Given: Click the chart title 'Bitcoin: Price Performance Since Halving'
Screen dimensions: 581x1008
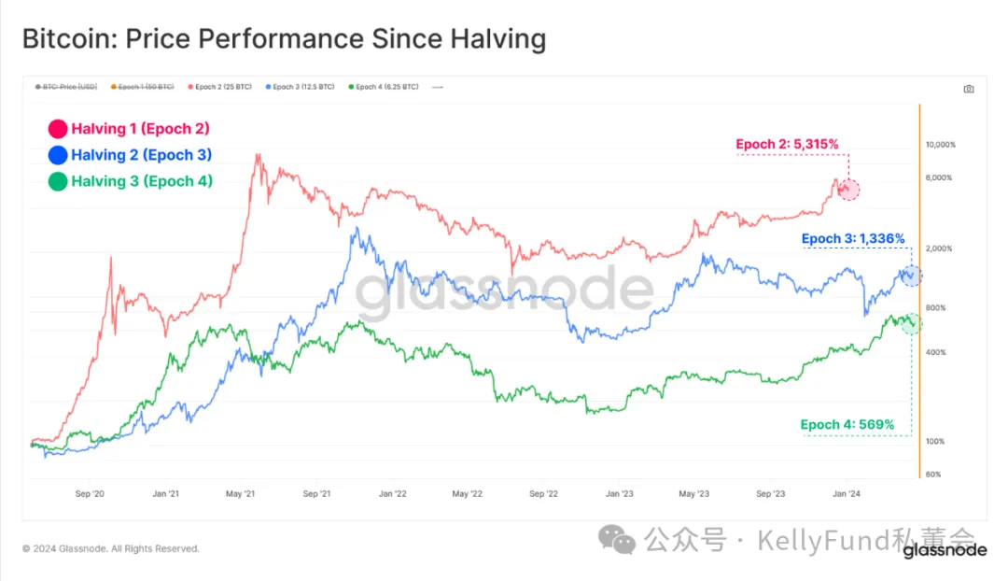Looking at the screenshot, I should pyautogui.click(x=284, y=39).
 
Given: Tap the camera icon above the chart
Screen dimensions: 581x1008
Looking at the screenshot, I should pyautogui.click(x=968, y=89).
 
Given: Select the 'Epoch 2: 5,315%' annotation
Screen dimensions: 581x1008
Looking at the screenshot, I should pyautogui.click(x=787, y=144).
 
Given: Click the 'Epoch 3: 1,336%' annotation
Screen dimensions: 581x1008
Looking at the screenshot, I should pyautogui.click(x=853, y=238).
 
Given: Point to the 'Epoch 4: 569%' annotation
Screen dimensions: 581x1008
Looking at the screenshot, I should pyautogui.click(x=847, y=425).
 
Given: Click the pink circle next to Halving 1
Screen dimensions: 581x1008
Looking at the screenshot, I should pyautogui.click(x=58, y=129).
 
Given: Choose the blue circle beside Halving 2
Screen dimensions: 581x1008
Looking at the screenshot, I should pyautogui.click(x=58, y=155).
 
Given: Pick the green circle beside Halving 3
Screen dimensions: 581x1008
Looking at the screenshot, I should pyautogui.click(x=58, y=181).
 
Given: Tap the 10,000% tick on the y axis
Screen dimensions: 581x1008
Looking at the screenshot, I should pyautogui.click(x=940, y=145).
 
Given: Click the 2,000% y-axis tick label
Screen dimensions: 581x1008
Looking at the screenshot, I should pyautogui.click(x=940, y=248).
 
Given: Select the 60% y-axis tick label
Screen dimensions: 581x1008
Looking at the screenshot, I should pyautogui.click(x=932, y=475).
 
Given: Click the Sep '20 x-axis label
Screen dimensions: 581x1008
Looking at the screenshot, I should pyautogui.click(x=90, y=493).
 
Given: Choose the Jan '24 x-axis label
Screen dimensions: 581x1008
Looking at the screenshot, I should pyautogui.click(x=846, y=493).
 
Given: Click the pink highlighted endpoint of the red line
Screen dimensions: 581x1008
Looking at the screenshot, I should pyautogui.click(x=847, y=190).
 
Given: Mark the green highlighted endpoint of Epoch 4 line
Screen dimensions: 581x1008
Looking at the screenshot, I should pyautogui.click(x=911, y=323).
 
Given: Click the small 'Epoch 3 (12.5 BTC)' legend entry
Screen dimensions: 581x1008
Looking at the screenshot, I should pyautogui.click(x=300, y=87).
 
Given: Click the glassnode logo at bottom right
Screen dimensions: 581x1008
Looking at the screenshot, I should pyautogui.click(x=945, y=550).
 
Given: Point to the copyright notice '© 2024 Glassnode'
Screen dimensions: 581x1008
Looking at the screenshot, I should pyautogui.click(x=111, y=548).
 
